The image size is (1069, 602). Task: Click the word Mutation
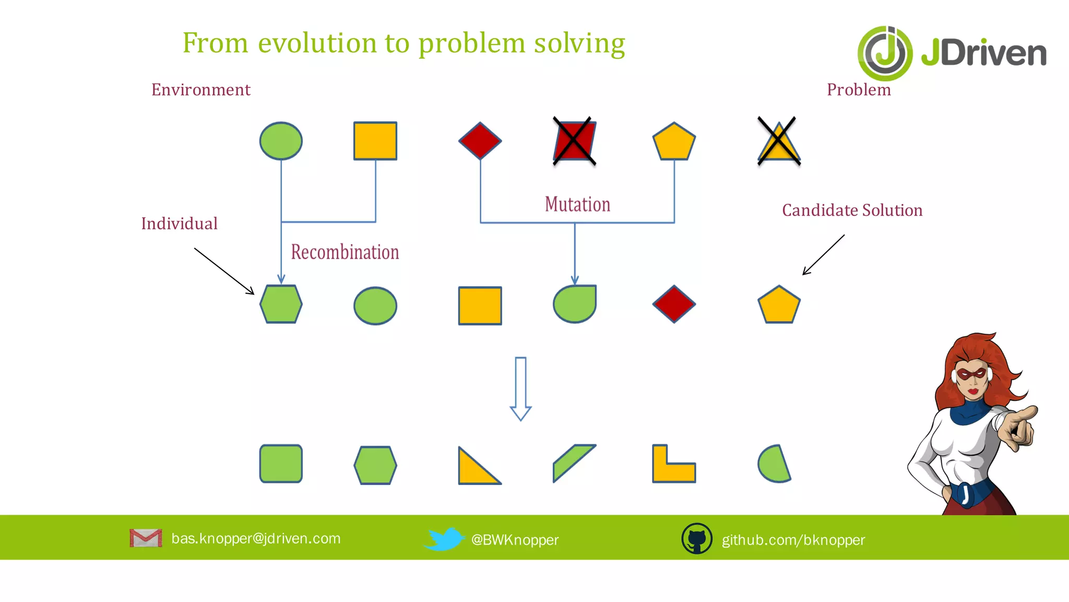577,204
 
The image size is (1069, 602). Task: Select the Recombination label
345,252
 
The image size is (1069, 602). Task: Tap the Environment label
201,90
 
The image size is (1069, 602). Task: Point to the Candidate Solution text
852,210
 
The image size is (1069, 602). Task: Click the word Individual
179,224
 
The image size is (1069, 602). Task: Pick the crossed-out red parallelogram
574,141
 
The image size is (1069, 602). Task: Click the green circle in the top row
281,141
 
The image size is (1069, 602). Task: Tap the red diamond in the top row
480,141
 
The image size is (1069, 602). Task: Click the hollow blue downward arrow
520,388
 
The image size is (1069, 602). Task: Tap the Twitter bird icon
444,539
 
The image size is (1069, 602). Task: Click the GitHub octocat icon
697,538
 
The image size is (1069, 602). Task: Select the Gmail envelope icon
146,538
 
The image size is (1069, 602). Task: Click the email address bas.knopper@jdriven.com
256,538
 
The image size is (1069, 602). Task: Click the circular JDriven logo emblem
885,53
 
